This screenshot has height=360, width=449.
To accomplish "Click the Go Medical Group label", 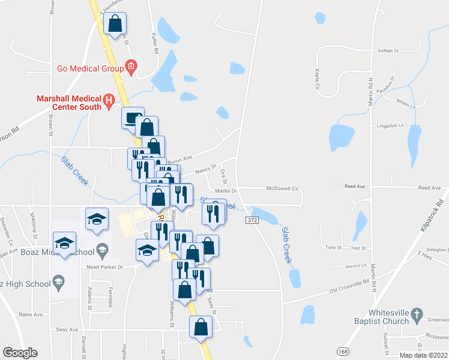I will point(90,68).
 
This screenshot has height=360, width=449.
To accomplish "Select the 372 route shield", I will point(252,221).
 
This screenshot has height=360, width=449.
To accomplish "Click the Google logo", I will point(20,352).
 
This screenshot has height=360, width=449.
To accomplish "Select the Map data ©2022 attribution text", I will point(424,355).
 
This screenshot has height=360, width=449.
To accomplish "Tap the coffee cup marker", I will point(133,118).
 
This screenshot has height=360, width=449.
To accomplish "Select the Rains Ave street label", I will point(30,314).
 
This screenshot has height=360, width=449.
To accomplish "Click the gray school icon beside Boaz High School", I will point(58,281).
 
